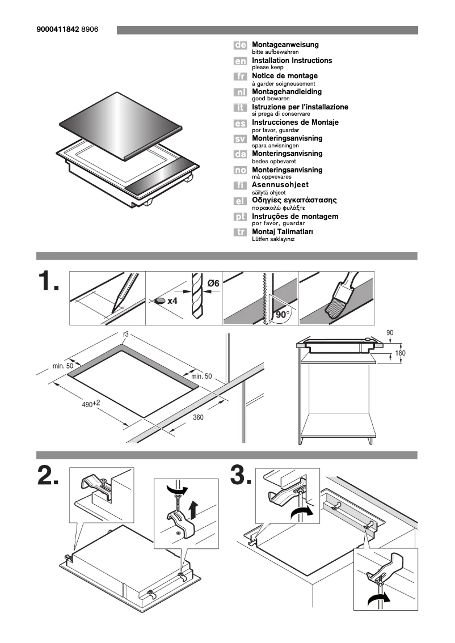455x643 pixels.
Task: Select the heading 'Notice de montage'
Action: (x=284, y=76)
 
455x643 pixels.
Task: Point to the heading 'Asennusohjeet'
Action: (x=280, y=185)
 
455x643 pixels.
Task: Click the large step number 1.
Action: (x=48, y=282)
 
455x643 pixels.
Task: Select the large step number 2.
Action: (x=48, y=476)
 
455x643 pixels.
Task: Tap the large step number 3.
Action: (x=241, y=476)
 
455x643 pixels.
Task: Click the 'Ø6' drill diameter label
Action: (x=213, y=283)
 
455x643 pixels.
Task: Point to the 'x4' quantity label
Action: (x=172, y=301)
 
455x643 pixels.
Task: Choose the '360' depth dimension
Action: (x=198, y=417)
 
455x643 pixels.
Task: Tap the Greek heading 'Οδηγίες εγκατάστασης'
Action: (x=294, y=201)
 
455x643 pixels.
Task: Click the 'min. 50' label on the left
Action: (x=63, y=366)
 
